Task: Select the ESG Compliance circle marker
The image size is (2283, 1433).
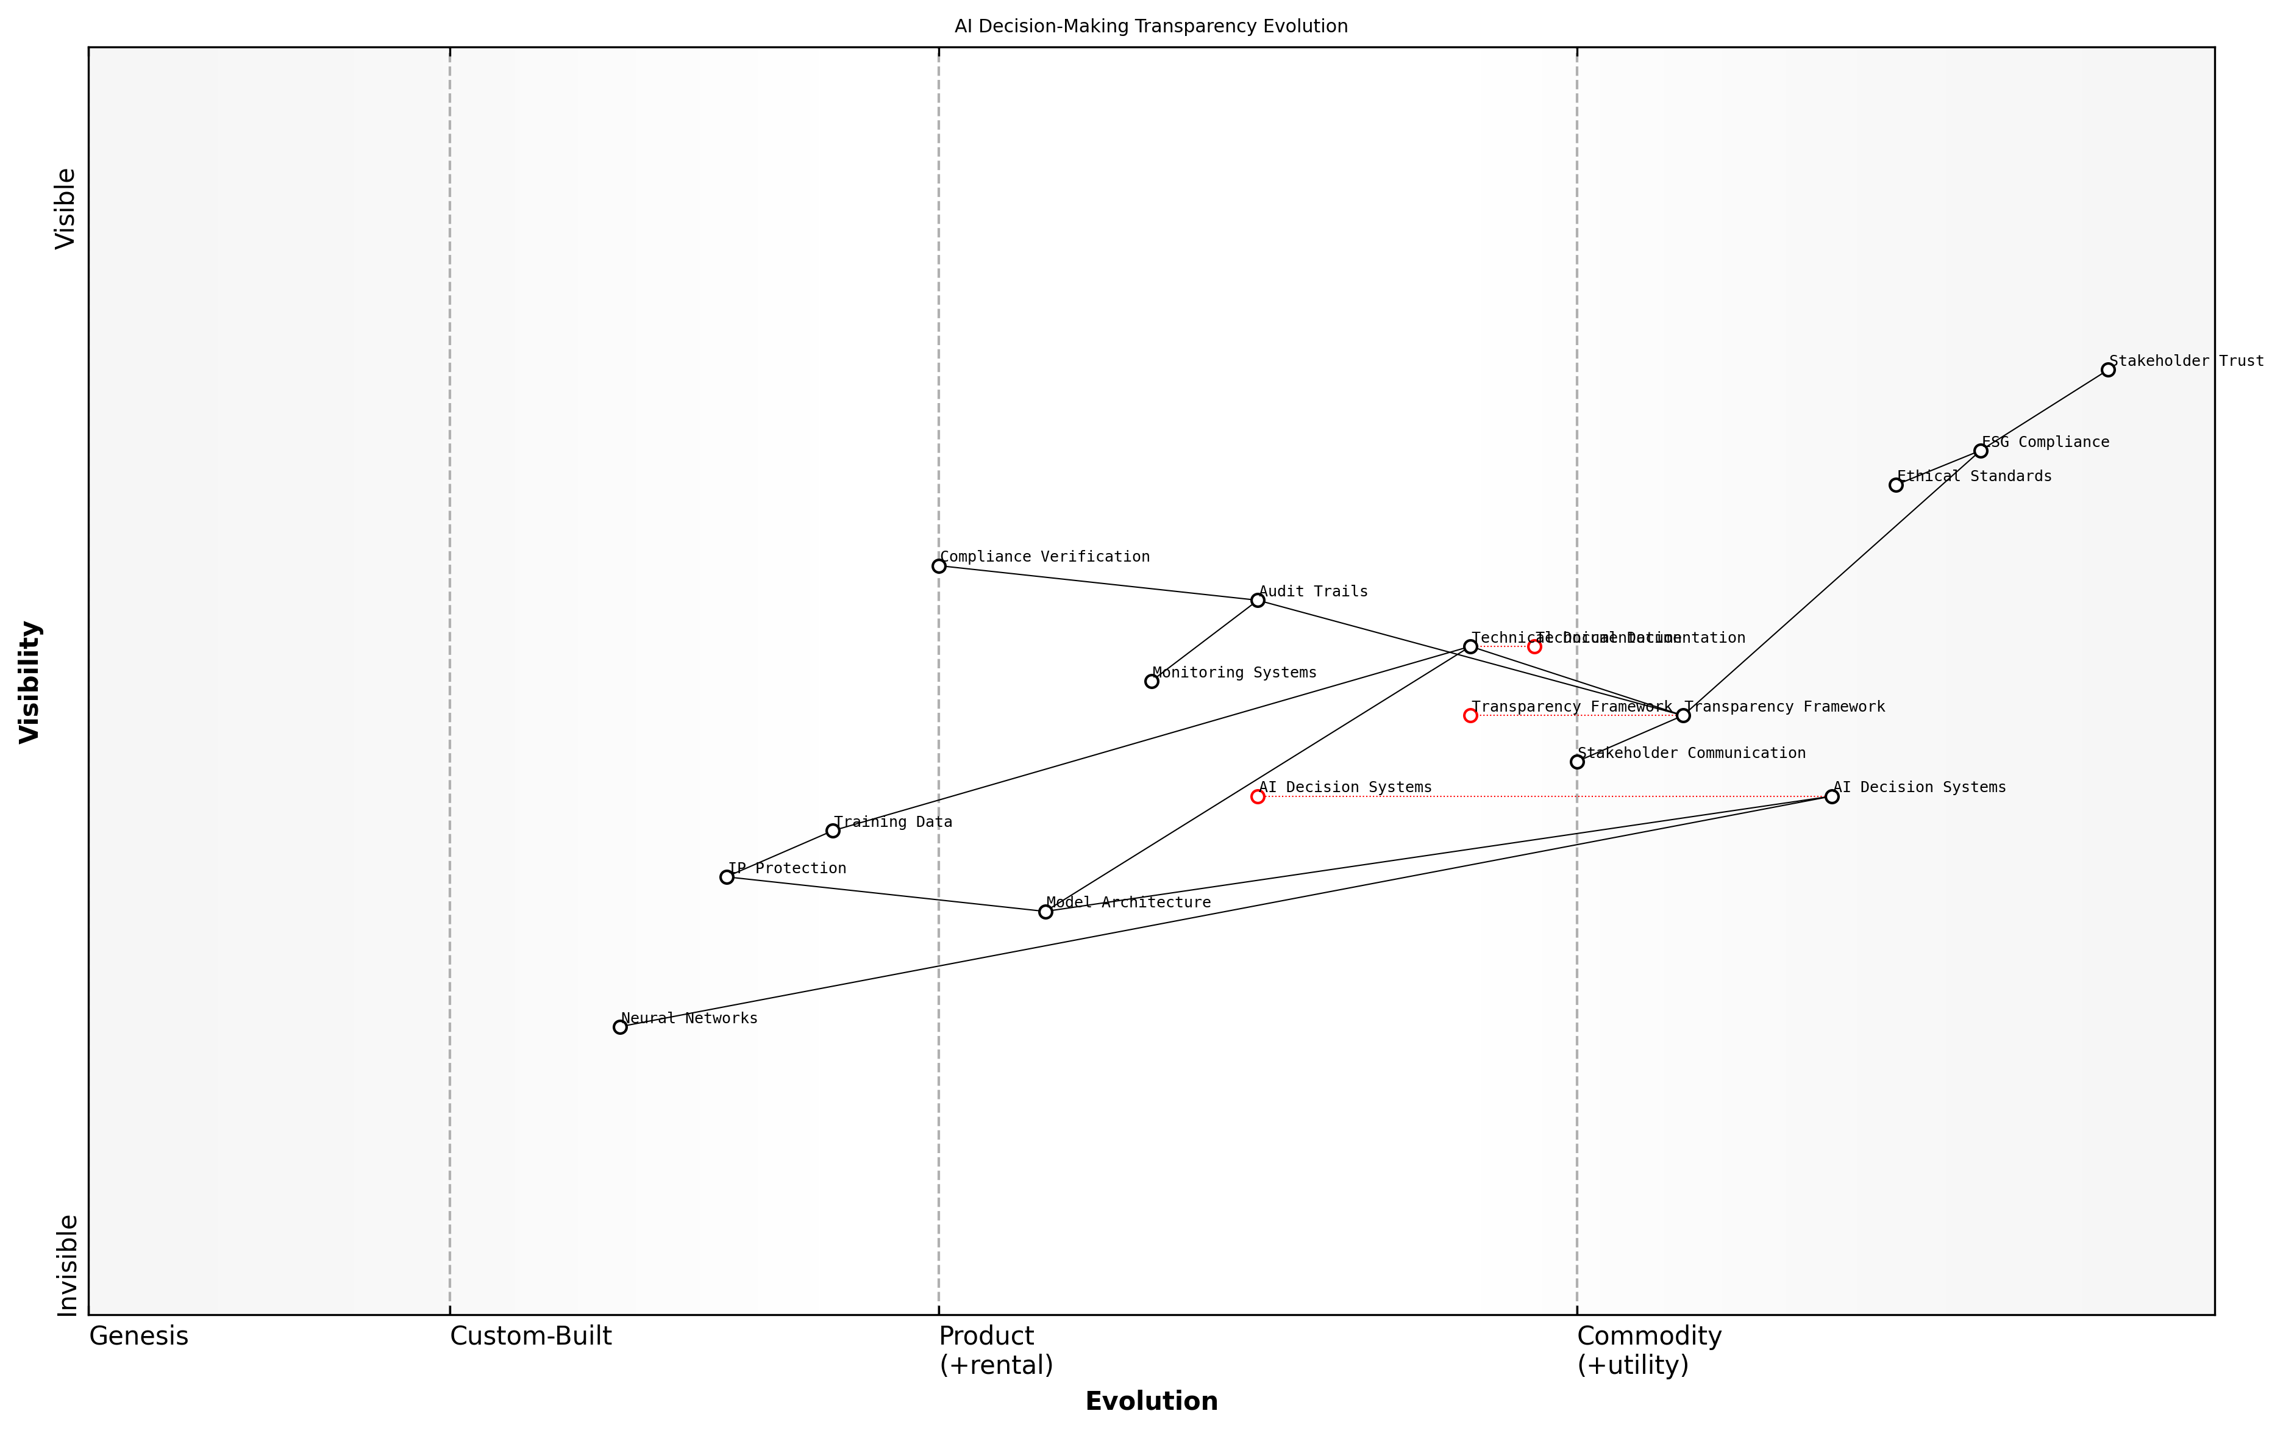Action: [x=1981, y=451]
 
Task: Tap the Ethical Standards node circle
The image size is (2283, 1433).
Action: [x=1895, y=485]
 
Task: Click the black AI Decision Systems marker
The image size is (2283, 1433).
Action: [x=1832, y=797]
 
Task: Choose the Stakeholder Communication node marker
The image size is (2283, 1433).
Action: [x=1577, y=762]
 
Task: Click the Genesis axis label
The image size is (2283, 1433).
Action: [x=138, y=1336]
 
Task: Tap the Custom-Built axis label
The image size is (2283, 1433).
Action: [x=530, y=1336]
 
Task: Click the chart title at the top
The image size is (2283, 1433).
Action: [x=1151, y=27]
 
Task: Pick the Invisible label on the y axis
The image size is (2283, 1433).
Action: [x=66, y=1265]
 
